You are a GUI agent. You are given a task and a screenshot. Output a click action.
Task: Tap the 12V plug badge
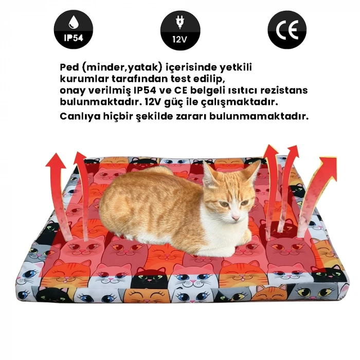coord(180,29)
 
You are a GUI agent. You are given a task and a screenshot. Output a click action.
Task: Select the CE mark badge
coord(287,29)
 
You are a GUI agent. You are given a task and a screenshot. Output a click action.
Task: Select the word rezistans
coord(284,90)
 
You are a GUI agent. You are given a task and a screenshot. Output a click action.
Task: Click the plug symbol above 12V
coord(180,22)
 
